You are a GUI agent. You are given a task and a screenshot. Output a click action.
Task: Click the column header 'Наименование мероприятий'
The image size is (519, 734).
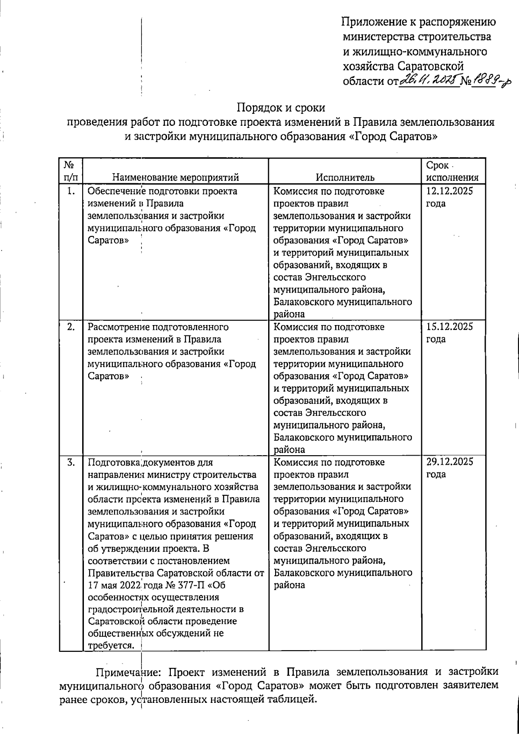pos(176,177)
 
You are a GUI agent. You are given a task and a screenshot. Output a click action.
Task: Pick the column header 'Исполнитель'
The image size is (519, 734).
pos(345,177)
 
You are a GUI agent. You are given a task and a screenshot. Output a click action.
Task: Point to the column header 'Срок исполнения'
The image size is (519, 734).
pos(452,171)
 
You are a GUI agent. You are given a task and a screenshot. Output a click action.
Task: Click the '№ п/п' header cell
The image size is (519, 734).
pos(70,171)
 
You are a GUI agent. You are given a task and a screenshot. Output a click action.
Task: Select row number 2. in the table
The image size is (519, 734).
pos(71,327)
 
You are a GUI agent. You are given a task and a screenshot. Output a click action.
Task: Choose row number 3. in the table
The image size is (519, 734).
pos(71,462)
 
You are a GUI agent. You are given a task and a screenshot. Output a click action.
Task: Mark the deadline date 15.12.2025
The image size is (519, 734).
pos(450,327)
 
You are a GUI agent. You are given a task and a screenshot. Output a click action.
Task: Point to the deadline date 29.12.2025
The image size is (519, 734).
pos(450,462)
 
